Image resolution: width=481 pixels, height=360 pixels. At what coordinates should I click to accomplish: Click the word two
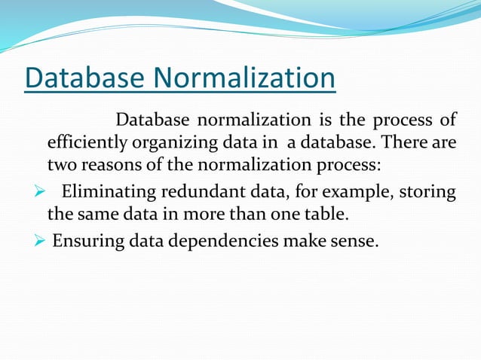61,163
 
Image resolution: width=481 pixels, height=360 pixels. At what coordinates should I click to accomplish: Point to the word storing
427,193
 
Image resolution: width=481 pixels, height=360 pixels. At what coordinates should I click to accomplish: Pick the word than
255,214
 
